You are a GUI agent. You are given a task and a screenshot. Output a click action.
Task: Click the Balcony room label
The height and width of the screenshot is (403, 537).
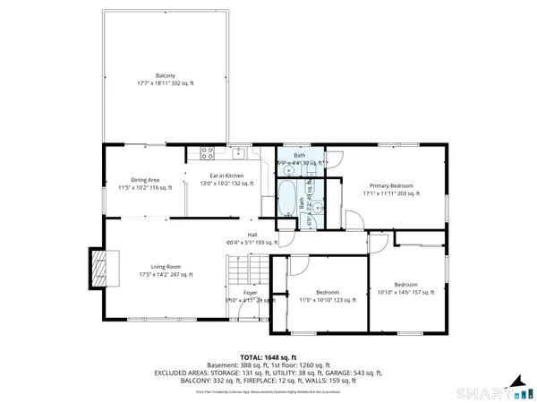[165, 76]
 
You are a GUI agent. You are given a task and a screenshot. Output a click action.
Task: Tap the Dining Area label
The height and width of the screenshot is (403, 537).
[144, 179]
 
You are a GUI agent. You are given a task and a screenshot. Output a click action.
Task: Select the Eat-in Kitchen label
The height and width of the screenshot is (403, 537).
[226, 176]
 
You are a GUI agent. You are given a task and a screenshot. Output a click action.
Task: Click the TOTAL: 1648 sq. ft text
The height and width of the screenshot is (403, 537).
[268, 358]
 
